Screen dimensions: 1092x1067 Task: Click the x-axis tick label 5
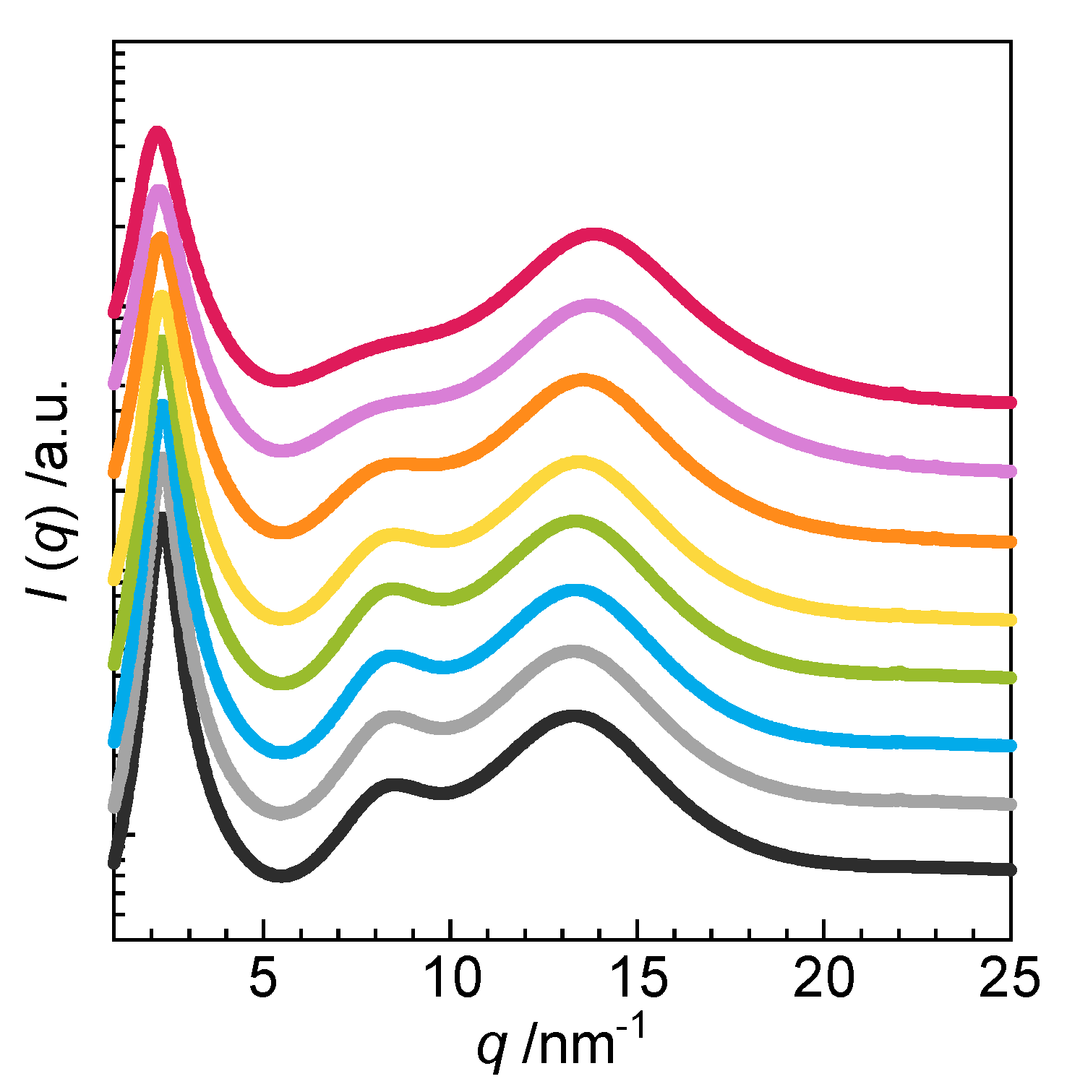(264, 979)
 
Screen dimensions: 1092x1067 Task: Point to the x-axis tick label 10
(450, 979)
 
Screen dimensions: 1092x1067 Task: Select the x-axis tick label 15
(637, 979)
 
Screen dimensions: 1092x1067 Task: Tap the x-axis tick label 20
(823, 979)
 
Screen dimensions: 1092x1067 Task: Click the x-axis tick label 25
(1009, 979)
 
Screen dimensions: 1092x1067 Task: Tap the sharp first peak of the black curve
(163, 515)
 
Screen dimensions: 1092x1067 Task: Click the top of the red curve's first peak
(157, 132)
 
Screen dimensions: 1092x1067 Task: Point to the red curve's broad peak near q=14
(594, 235)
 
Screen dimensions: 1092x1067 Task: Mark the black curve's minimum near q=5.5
(282, 875)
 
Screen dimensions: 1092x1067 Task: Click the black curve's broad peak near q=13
(574, 716)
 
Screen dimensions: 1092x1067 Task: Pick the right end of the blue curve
(1011, 745)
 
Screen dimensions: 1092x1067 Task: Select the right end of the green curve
(1011, 678)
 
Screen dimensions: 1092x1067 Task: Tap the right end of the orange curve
(1011, 541)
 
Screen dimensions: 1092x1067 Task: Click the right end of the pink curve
(1011, 471)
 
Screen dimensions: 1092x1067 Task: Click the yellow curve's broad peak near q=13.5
(578, 462)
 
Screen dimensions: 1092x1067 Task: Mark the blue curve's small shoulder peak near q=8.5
(393, 656)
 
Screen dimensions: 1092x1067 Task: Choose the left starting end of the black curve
(113, 862)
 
